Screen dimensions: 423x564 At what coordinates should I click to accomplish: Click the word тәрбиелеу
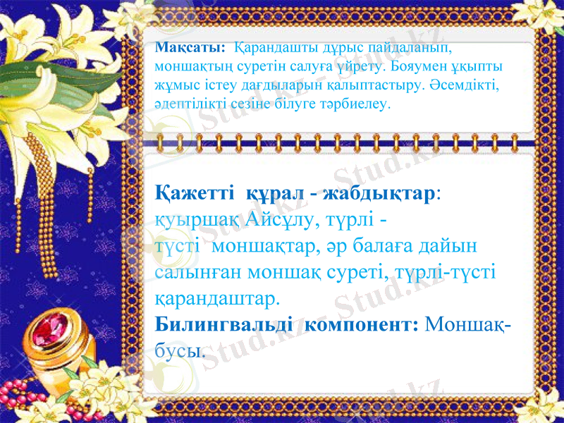355,104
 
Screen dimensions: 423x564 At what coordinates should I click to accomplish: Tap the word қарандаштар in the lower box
216,300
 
